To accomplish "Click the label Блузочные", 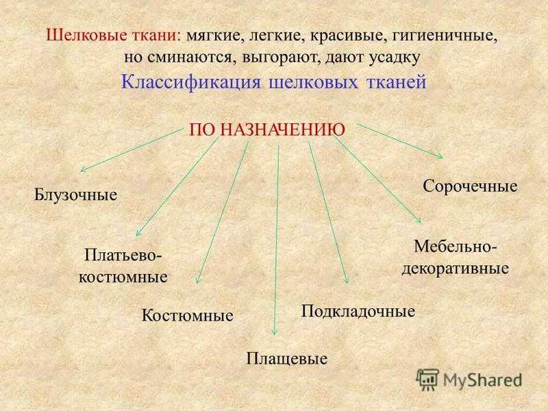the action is (x=75, y=195).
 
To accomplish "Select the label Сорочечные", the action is (x=470, y=186).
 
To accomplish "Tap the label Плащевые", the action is (x=287, y=359).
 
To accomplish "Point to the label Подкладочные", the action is (x=358, y=312).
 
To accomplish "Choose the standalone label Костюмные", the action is (x=187, y=316).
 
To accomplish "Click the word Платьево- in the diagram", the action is (x=123, y=256).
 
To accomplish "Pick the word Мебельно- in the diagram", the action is (x=455, y=247).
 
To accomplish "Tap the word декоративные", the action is (x=455, y=269).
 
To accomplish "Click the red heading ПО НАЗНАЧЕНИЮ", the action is (x=267, y=130).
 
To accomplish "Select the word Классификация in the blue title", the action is (x=191, y=83).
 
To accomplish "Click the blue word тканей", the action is (x=397, y=82).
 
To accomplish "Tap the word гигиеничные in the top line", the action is (x=445, y=36).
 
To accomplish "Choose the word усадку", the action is (x=395, y=58).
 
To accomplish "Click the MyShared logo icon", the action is (x=427, y=379).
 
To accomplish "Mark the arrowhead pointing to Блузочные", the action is (x=82, y=169).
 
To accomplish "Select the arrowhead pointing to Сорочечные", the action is (x=440, y=156).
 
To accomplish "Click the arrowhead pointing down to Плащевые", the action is (x=275, y=332).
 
